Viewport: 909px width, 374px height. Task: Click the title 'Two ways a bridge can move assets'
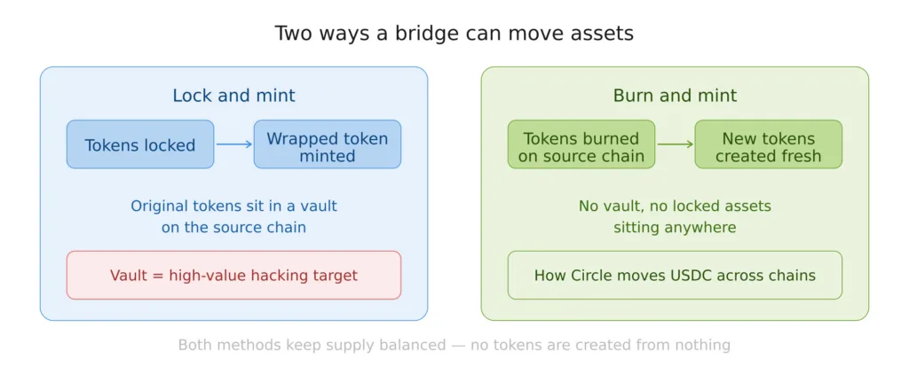454,34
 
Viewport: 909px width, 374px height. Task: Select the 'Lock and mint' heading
233,96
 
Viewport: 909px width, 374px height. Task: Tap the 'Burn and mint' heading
675,96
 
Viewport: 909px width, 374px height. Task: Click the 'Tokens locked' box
140,144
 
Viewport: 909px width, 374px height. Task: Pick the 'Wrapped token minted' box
327,144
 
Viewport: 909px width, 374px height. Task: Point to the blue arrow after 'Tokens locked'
234,144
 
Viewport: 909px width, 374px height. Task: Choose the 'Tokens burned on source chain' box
581,144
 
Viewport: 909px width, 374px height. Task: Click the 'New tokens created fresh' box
768,144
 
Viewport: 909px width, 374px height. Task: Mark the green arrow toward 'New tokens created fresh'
675,144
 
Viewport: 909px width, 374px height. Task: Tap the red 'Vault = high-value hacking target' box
233,275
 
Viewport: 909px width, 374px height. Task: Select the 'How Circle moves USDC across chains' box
675,275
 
